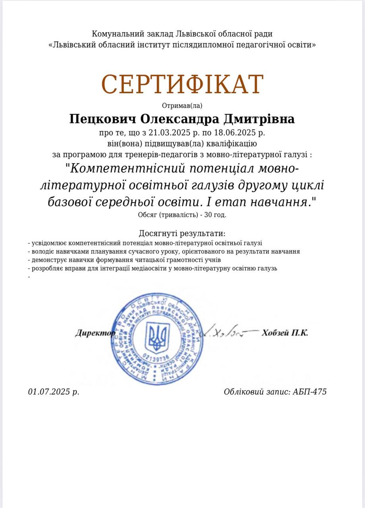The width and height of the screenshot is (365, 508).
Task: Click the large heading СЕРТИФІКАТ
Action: tap(182, 85)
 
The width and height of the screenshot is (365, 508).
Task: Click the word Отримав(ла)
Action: tap(182, 106)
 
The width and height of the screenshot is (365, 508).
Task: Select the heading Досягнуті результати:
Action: tap(182, 233)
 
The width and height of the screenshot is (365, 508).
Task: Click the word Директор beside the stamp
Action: tap(95, 333)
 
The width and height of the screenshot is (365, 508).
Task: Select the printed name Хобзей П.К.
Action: tap(285, 333)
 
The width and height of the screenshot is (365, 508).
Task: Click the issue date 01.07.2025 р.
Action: tap(54, 392)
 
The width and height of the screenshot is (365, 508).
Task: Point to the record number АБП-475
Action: tap(309, 392)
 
